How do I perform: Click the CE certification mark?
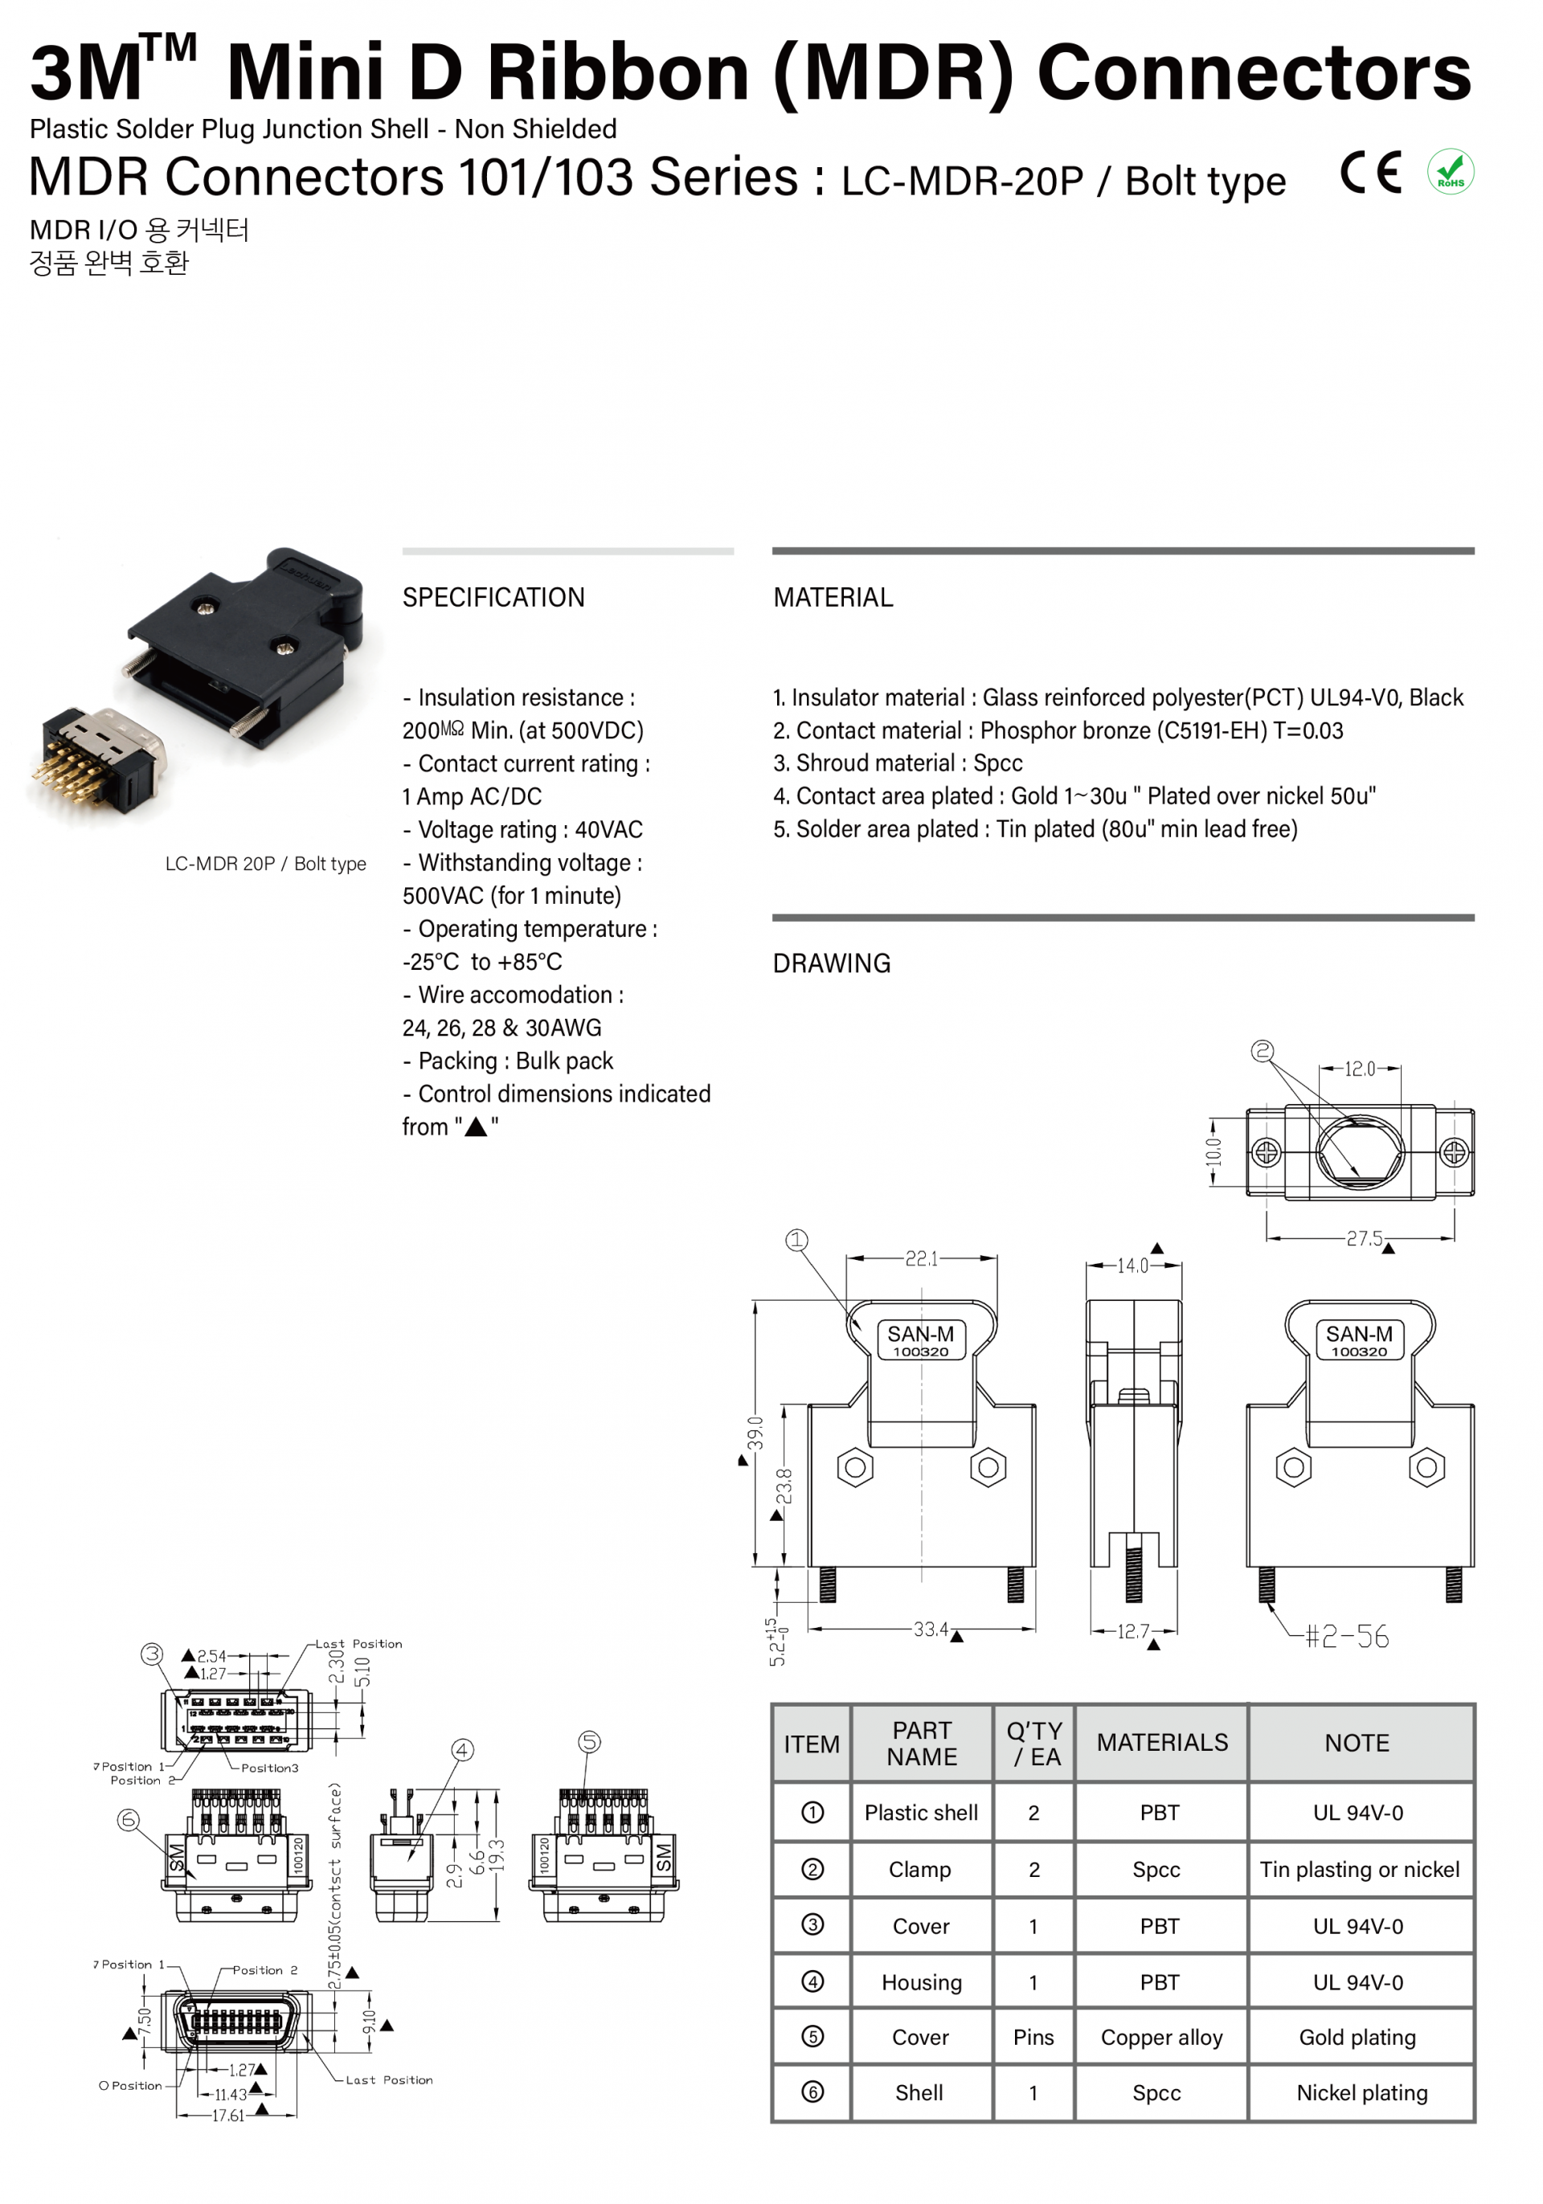(x=1370, y=173)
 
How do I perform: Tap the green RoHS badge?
(x=1450, y=173)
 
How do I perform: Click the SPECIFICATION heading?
(x=493, y=597)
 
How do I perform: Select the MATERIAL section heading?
(x=833, y=597)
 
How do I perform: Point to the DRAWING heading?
(x=832, y=963)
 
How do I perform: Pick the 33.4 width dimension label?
(x=930, y=1629)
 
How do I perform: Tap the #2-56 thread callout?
(x=1346, y=1636)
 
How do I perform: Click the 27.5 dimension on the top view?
(x=1364, y=1238)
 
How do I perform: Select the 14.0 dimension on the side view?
(x=1132, y=1266)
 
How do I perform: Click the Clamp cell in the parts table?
(x=920, y=1869)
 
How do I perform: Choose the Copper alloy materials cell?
(x=1160, y=2037)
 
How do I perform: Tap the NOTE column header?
(x=1357, y=1742)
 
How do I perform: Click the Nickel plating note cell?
(x=1361, y=2092)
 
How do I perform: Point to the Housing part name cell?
(x=921, y=1982)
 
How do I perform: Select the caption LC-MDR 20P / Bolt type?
(x=265, y=863)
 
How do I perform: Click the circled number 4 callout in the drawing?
(x=463, y=1750)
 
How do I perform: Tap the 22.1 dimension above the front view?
(x=921, y=1257)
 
